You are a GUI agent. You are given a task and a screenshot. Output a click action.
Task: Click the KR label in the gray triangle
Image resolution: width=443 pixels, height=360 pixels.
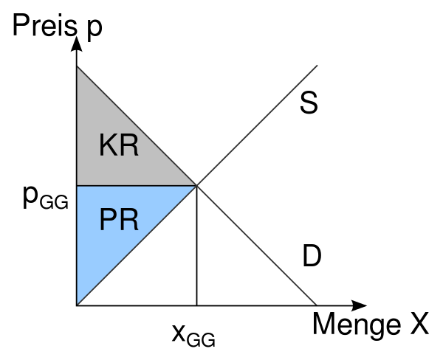(x=119, y=145)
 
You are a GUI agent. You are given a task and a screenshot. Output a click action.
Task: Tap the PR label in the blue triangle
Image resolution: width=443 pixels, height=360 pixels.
(x=119, y=221)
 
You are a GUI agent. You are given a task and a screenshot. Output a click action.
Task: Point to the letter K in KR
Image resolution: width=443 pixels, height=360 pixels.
(x=109, y=145)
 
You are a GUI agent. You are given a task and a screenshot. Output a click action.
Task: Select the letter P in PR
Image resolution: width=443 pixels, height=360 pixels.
(x=109, y=221)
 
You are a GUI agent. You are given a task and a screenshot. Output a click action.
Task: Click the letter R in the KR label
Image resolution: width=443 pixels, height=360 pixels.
(x=129, y=145)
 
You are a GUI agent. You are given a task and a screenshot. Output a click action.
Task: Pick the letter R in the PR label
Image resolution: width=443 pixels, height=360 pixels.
(x=129, y=221)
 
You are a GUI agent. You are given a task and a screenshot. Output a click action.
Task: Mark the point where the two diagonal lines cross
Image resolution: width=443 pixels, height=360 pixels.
(x=196, y=185)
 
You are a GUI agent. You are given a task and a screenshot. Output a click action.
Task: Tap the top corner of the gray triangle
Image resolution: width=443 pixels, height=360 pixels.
(x=78, y=67)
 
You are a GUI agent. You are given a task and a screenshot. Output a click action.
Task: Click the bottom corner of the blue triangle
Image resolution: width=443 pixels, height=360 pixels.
(x=78, y=303)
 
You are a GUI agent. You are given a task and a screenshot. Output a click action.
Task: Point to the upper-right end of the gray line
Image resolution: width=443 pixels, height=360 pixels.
(x=317, y=66)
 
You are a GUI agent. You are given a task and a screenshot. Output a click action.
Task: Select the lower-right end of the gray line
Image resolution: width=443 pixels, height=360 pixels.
(x=316, y=304)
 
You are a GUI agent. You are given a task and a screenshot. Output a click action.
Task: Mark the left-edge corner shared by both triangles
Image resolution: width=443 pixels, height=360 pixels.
(x=78, y=186)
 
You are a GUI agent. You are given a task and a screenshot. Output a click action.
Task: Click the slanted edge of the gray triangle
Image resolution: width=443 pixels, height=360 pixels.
(x=137, y=126)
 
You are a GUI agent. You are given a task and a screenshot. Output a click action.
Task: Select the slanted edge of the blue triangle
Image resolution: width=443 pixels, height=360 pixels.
(x=137, y=245)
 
